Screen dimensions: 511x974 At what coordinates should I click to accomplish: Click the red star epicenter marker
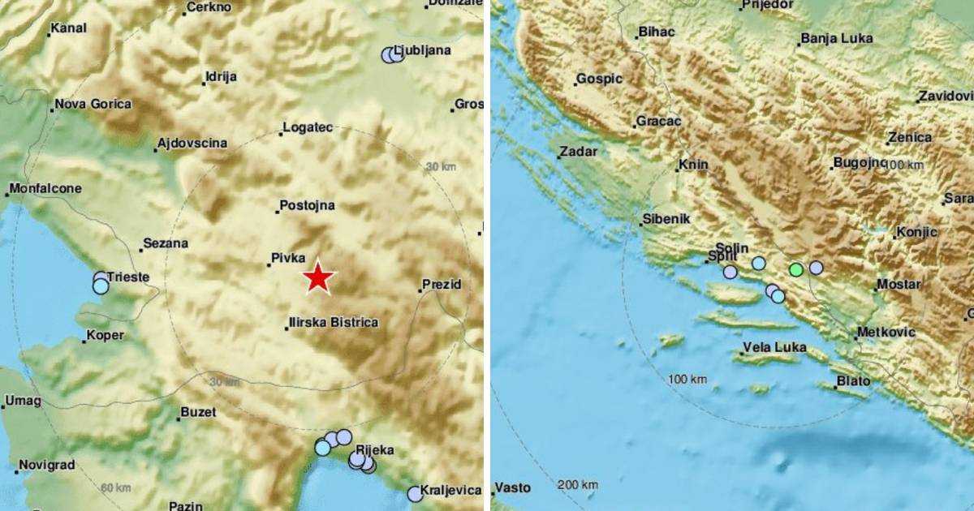point(318,278)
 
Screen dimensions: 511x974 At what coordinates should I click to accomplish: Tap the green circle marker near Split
point(796,269)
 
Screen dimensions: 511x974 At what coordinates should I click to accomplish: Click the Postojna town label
point(307,206)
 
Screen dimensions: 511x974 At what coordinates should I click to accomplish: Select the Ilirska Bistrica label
point(334,323)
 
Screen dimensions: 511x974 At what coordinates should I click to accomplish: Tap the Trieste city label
point(127,277)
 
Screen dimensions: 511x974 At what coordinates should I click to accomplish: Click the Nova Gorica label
point(94,105)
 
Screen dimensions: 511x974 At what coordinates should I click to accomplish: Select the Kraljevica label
point(455,490)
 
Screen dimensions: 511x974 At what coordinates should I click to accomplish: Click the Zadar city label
point(579,152)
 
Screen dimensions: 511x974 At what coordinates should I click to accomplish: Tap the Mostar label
point(899,285)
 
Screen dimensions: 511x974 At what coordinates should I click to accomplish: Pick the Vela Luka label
point(775,348)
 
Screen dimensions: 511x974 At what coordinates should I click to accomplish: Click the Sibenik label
point(666,219)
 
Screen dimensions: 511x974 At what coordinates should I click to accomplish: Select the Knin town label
point(693,165)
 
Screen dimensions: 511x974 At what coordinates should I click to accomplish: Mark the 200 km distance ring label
point(579,485)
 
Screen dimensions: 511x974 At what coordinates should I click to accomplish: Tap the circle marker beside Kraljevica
point(416,493)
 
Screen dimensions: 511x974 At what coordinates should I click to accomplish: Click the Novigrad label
point(46,465)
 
